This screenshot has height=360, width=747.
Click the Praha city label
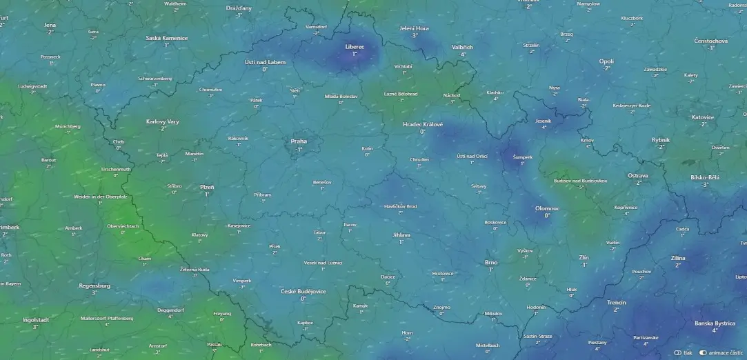coord(299,141)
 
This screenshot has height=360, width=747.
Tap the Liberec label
coord(355,46)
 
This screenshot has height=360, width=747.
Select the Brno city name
coord(491,262)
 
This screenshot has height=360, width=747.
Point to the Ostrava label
coord(637,176)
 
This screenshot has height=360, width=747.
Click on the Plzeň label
coord(207,187)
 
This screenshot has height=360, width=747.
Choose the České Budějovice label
coord(303,291)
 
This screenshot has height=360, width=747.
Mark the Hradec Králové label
coord(423,124)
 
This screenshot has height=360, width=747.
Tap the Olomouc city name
coord(547,208)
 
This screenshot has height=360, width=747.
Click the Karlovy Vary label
coord(163,121)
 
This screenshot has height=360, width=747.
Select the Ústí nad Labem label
coord(265,62)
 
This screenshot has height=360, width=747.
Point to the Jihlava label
coord(401,235)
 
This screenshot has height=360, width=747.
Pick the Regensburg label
coord(94,286)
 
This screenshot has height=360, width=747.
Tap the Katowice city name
coord(704,117)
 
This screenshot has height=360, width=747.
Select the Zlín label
coord(584,257)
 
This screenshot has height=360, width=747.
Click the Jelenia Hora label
coord(415,28)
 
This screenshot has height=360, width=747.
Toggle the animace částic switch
coord(704,352)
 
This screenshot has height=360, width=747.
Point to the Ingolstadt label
coord(35,320)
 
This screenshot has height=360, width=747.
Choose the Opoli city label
coord(606,61)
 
